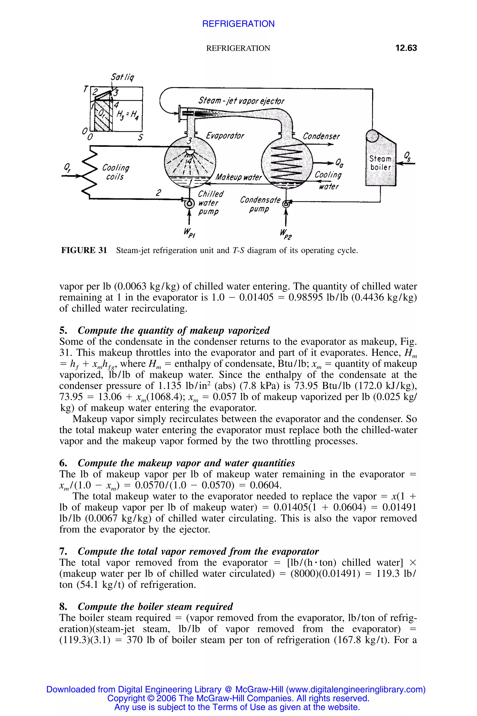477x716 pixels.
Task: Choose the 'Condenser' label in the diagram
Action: (321, 136)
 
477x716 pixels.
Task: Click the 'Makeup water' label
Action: (238, 177)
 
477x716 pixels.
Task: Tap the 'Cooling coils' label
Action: (115, 172)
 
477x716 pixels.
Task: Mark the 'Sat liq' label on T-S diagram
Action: (122, 77)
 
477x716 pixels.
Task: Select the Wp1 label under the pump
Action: (189, 233)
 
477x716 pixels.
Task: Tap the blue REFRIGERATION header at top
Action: (238, 24)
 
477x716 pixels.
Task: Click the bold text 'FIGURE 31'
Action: (84, 250)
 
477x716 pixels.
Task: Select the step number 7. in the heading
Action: (63, 551)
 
